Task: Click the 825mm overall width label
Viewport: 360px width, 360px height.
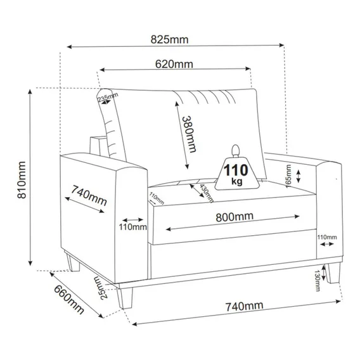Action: pyautogui.click(x=169, y=40)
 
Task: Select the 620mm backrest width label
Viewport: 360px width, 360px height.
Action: pyautogui.click(x=174, y=64)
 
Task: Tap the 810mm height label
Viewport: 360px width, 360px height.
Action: pyautogui.click(x=22, y=180)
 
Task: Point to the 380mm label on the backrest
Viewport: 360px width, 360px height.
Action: pyautogui.click(x=189, y=134)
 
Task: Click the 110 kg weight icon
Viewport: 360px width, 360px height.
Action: pyautogui.click(x=237, y=170)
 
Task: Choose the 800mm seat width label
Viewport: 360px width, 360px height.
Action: pyautogui.click(x=235, y=217)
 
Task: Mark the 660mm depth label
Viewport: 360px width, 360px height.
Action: pyautogui.click(x=69, y=300)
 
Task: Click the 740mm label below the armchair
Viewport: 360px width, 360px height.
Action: pyautogui.click(x=244, y=306)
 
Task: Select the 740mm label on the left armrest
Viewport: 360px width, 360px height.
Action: pyautogui.click(x=89, y=196)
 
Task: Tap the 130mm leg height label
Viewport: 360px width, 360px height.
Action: pyautogui.click(x=318, y=281)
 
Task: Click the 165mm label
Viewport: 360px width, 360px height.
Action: pyautogui.click(x=288, y=176)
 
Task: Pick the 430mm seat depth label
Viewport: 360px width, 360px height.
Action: pyautogui.click(x=206, y=193)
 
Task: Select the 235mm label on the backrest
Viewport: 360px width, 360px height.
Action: pyautogui.click(x=108, y=97)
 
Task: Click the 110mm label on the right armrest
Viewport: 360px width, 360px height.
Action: pyautogui.click(x=327, y=237)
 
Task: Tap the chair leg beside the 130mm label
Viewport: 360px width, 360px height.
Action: pyautogui.click(x=334, y=273)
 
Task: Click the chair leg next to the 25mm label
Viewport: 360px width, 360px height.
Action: pyautogui.click(x=125, y=298)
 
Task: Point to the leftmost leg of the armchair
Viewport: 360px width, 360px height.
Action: pyautogui.click(x=72, y=262)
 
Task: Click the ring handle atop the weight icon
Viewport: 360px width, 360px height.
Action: pyautogui.click(x=236, y=151)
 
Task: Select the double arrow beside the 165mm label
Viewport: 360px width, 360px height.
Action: pyautogui.click(x=299, y=176)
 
